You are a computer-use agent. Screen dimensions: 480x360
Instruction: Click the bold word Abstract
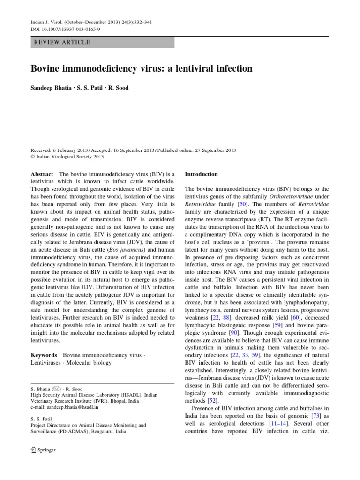[42, 174]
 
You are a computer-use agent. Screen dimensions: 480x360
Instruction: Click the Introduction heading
[201, 174]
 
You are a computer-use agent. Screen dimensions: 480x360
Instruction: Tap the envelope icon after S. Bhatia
[56, 389]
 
